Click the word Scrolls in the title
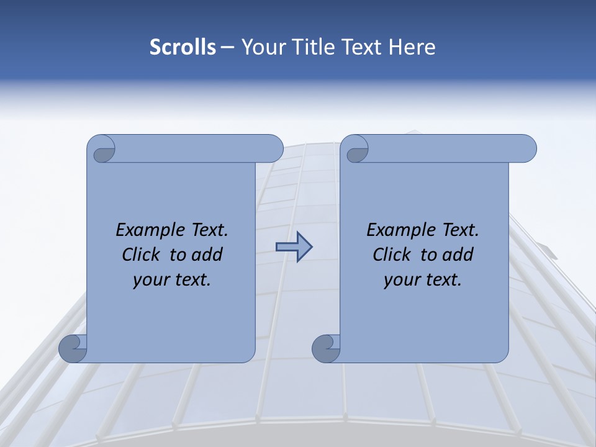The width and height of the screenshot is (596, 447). pyautogui.click(x=183, y=47)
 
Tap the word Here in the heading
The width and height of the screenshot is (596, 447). pyautogui.click(x=412, y=47)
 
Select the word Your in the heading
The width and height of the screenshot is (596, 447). pyautogui.click(x=261, y=47)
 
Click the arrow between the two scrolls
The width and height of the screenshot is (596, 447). pyautogui.click(x=294, y=247)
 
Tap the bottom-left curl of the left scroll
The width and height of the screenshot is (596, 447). pyautogui.click(x=73, y=348)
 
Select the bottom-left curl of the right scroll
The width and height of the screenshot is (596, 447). pyautogui.click(x=326, y=348)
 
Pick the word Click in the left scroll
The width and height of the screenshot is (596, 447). pyautogui.click(x=136, y=255)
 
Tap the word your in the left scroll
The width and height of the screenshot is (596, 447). pyautogui.click(x=150, y=280)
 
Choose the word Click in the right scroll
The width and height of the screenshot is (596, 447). pyautogui.click(x=387, y=255)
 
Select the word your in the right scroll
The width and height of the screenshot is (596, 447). pyautogui.click(x=400, y=280)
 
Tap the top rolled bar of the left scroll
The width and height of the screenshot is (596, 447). pyautogui.click(x=199, y=148)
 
